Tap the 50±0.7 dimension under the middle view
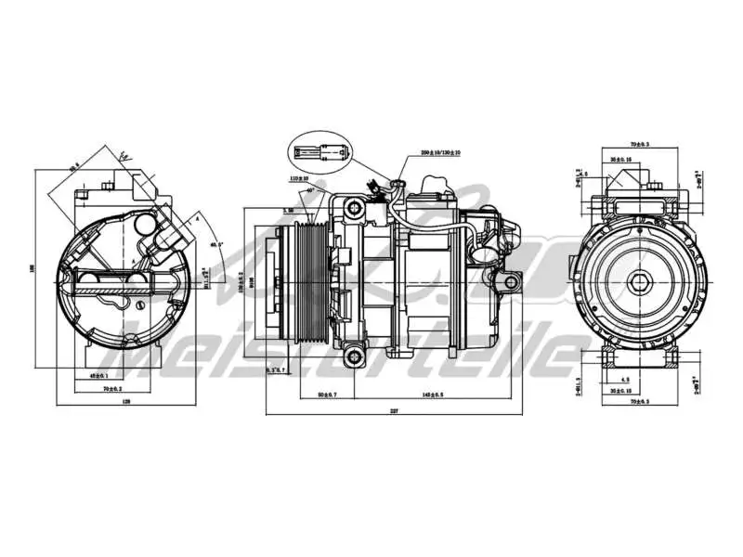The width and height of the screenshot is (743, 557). (327, 395)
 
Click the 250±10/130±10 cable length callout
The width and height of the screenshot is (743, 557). (441, 152)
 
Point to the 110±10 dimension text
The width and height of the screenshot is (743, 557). (298, 178)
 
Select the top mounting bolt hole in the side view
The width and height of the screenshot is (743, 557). (354, 209)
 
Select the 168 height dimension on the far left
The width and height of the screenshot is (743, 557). (32, 270)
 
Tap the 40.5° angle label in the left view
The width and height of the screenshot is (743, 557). (215, 244)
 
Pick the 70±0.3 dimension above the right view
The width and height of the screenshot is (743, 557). (639, 145)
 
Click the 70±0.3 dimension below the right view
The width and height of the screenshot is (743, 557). (639, 402)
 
